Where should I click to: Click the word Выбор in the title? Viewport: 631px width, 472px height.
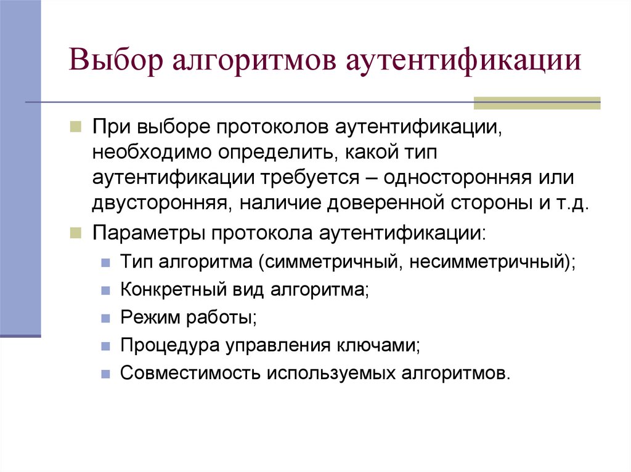(x=113, y=63)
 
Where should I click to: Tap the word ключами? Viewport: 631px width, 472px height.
(x=380, y=345)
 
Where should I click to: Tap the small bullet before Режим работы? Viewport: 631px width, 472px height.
(x=106, y=318)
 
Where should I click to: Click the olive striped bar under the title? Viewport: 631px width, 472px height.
(x=536, y=103)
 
